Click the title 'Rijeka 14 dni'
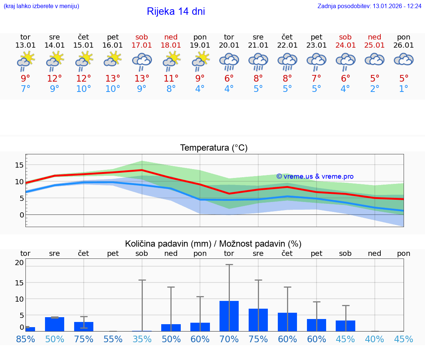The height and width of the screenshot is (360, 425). (176, 11)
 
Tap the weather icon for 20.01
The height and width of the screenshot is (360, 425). (229, 61)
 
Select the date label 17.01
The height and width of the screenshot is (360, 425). (142, 45)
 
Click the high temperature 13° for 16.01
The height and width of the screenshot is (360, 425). (113, 78)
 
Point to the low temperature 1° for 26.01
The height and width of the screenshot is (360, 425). (404, 89)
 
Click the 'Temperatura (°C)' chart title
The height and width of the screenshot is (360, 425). (214, 148)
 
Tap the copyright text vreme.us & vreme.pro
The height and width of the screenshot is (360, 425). (315, 176)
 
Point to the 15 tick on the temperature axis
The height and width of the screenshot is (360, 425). (19, 165)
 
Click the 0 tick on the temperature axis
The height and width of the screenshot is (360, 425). (22, 215)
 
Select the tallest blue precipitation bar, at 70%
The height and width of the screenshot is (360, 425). (229, 316)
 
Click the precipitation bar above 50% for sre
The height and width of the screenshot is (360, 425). (55, 324)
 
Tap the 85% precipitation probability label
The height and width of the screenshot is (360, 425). (25, 339)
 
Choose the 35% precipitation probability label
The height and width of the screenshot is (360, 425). (142, 339)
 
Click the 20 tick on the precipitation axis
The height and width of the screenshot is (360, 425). (19, 263)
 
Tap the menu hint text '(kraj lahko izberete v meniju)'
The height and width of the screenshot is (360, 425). (41, 6)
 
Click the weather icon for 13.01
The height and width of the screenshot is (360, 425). (25, 61)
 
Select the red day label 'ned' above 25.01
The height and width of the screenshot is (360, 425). (374, 37)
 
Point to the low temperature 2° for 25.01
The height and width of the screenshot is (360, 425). (374, 89)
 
